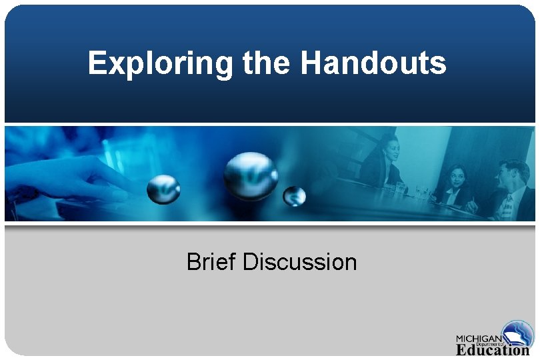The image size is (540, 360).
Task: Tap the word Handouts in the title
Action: coord(374,64)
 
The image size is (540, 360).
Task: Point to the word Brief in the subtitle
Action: coord(212,262)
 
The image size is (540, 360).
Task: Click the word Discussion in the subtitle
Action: coord(300,262)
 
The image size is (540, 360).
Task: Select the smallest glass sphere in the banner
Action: coord(294,196)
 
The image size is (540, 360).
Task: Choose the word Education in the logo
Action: coord(493,349)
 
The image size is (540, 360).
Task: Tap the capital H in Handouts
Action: coord(311,64)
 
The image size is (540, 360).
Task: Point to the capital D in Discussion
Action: coord(251,262)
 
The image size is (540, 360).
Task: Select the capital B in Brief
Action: coord(193,262)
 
